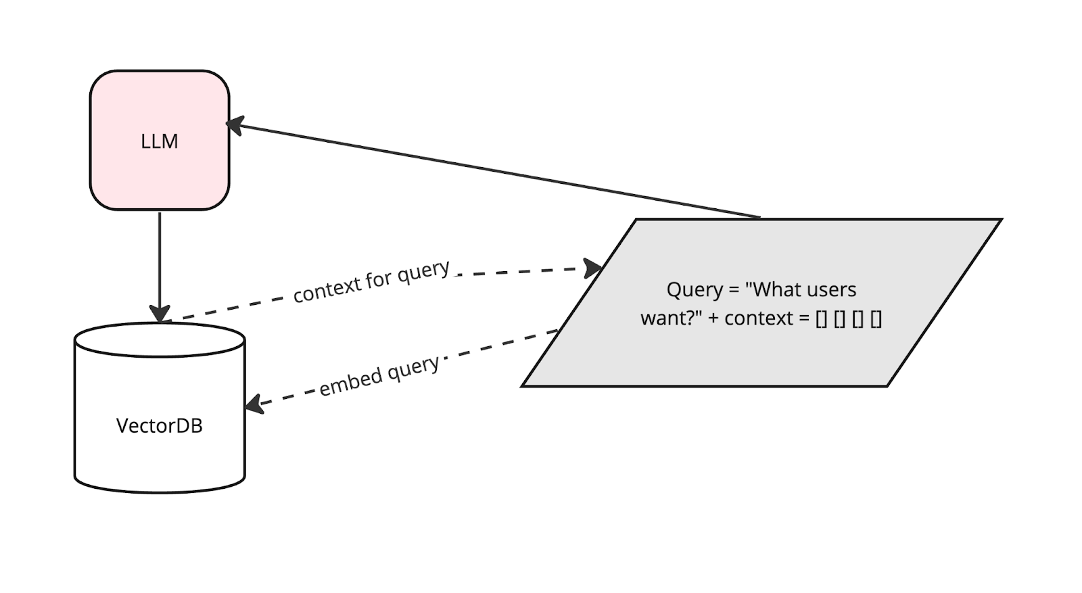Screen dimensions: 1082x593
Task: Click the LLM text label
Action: tap(160, 141)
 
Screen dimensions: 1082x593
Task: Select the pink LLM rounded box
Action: tap(160, 141)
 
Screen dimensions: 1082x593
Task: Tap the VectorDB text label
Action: tap(160, 426)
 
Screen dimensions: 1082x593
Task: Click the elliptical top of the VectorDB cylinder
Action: tap(160, 340)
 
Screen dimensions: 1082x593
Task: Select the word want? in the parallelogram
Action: tap(671, 318)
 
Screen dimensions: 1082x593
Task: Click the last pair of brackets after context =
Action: tap(876, 319)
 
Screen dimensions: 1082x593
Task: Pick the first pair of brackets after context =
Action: tap(821, 319)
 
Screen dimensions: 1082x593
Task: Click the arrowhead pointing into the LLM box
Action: tap(235, 126)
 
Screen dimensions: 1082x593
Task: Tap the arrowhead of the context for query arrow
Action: tap(592, 268)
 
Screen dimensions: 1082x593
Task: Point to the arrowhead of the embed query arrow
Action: tap(254, 404)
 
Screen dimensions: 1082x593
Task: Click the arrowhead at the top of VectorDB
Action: tap(160, 314)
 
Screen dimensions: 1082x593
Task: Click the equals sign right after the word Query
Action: tap(734, 291)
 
